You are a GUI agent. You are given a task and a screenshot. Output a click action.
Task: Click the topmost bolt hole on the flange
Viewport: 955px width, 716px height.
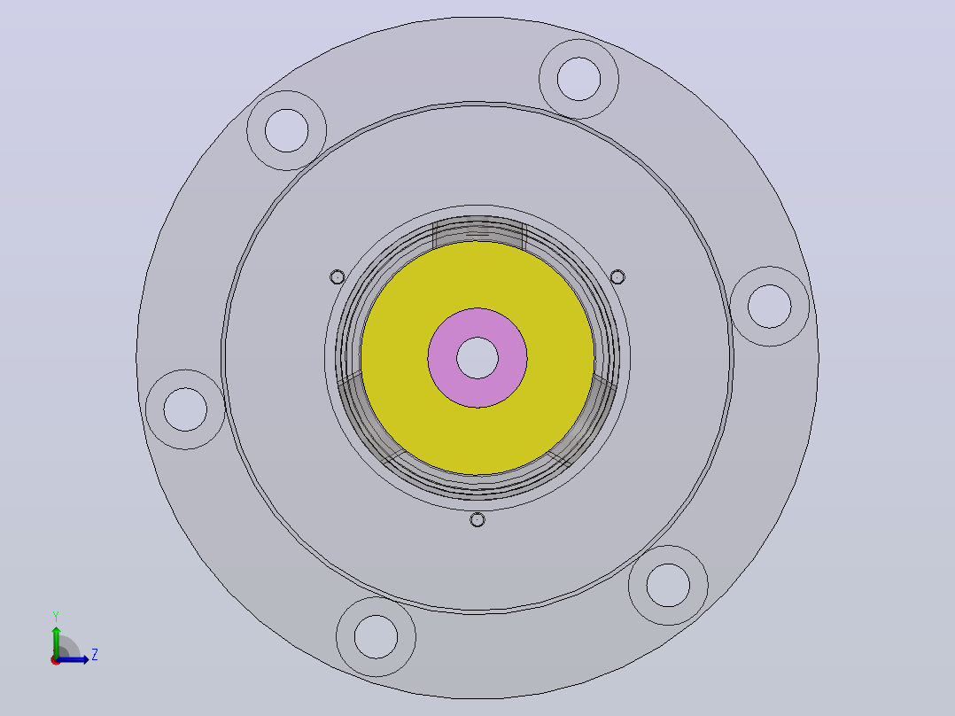pyautogui.click(x=578, y=79)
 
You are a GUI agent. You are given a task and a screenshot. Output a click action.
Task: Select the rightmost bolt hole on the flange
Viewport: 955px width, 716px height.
pyautogui.click(x=769, y=306)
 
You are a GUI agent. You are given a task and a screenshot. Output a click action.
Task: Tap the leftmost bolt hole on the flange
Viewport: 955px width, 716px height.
pyautogui.click(x=185, y=409)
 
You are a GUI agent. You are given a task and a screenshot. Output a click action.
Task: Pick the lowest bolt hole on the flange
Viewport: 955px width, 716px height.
pyautogui.click(x=376, y=637)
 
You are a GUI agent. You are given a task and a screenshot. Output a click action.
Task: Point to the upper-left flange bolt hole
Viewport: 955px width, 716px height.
pyautogui.click(x=286, y=130)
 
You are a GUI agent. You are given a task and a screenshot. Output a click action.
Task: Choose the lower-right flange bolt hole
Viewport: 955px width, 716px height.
pyautogui.click(x=668, y=585)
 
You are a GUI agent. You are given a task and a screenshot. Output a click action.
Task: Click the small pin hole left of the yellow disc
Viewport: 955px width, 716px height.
pyautogui.click(x=337, y=277)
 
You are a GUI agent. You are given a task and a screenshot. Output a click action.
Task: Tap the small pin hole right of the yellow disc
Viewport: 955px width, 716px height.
pyautogui.click(x=617, y=277)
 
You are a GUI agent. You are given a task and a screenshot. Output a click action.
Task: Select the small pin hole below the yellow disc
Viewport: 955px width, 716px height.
pyautogui.click(x=477, y=520)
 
